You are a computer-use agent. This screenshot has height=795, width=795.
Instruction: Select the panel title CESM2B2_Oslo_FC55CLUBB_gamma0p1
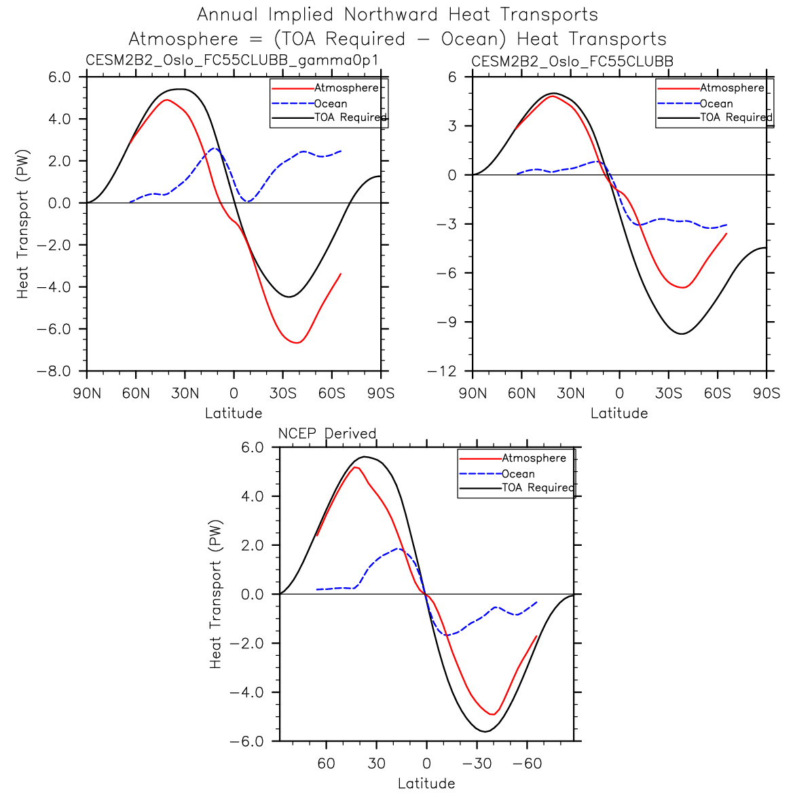[x=232, y=60]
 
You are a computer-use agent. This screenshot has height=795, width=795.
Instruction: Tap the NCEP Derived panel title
[x=327, y=433]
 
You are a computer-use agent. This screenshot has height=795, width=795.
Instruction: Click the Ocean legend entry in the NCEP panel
[x=518, y=474]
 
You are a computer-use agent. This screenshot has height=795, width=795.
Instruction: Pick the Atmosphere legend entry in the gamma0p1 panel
[x=346, y=88]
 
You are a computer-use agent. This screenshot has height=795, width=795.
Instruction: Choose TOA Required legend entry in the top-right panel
[x=736, y=117]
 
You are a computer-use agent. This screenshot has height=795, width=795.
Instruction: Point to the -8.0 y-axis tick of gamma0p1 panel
[x=55, y=371]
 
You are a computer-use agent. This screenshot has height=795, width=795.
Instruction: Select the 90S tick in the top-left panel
[x=381, y=393]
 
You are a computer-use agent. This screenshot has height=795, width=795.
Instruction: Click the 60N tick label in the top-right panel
[x=521, y=393]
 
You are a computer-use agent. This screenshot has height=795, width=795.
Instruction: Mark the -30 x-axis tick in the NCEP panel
[x=477, y=763]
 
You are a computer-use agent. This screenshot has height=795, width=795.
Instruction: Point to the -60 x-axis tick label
[x=528, y=763]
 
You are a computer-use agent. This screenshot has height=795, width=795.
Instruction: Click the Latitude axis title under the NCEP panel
[x=426, y=783]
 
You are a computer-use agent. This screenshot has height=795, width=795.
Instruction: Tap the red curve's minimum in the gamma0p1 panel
[x=297, y=343]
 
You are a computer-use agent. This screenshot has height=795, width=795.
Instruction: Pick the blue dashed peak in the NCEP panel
[x=399, y=549]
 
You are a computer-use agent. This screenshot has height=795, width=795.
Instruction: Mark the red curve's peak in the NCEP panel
[x=355, y=467]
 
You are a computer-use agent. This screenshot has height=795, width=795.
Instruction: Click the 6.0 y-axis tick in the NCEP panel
[x=252, y=447]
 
